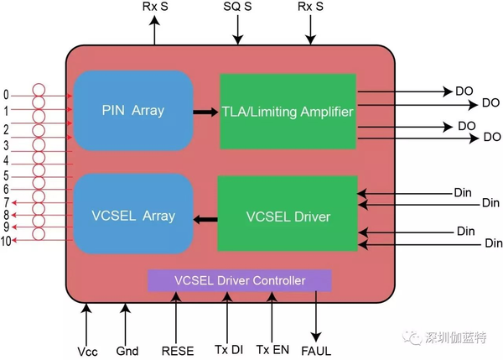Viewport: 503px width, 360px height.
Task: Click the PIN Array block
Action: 133,111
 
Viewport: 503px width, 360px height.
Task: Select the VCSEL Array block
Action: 133,214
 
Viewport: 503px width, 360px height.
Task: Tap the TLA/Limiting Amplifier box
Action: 288,112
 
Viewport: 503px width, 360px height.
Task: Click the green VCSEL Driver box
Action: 288,213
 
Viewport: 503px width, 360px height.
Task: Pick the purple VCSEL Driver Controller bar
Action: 239,280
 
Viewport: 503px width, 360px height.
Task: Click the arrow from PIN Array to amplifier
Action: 205,112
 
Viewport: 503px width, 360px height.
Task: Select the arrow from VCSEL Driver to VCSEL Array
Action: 205,220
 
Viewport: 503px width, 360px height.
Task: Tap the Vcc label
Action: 87,352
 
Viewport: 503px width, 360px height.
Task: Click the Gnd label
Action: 127,351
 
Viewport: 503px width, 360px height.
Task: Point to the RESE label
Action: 178,351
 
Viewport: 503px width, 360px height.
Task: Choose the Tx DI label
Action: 229,349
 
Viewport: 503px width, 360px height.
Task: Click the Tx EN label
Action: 272,349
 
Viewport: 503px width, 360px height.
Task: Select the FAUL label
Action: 316,351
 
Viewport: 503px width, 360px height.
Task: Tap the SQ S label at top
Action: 237,7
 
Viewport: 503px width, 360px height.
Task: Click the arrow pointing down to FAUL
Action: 316,316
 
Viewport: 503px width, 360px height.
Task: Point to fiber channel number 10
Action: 6,241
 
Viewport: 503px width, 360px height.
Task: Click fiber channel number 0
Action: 6,95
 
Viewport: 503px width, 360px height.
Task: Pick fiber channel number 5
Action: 6,175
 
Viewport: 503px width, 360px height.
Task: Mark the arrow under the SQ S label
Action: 238,29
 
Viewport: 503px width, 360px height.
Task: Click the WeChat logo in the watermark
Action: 412,338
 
